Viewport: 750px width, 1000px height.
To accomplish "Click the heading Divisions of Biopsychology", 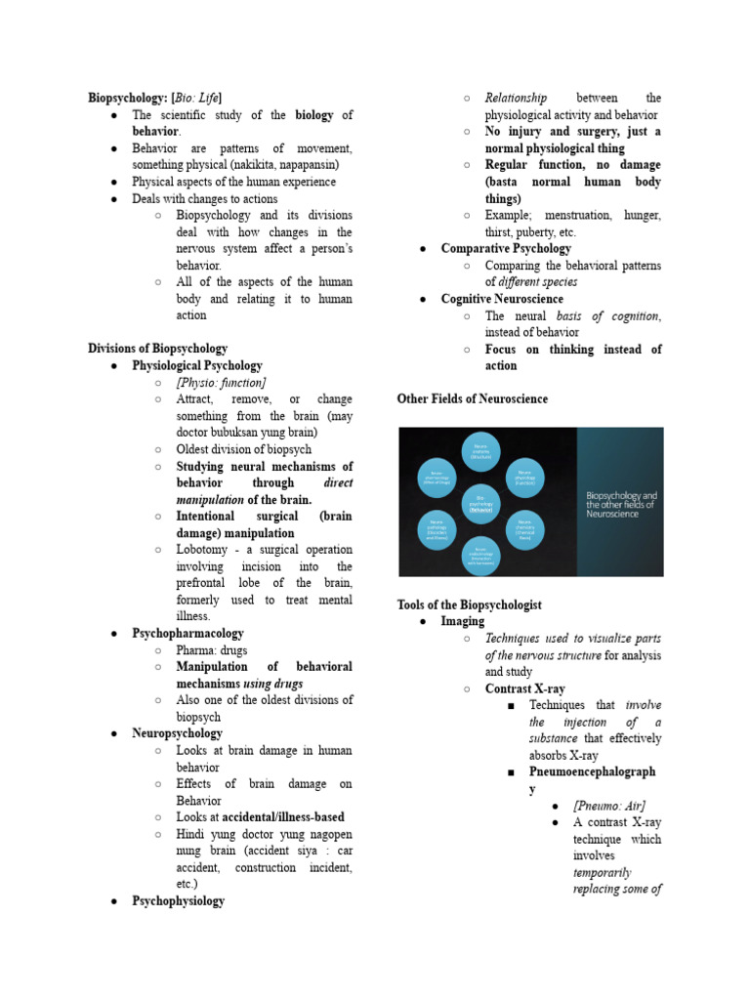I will click(x=157, y=349).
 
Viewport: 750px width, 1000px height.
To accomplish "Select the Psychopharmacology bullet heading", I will click(x=187, y=634).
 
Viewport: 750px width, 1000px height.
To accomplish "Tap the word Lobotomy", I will click(x=204, y=550).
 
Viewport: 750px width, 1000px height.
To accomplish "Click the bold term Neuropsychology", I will click(x=177, y=733).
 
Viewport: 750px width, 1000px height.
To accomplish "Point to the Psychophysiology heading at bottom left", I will click(x=178, y=901).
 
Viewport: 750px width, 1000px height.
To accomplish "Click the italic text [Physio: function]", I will click(x=221, y=383).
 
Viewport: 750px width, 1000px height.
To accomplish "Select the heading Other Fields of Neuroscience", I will click(x=473, y=399).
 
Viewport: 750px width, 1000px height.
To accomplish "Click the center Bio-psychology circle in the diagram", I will click(x=479, y=501).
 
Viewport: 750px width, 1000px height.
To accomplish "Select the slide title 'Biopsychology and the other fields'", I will click(x=621, y=504).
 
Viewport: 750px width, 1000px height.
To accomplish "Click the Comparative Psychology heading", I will click(x=506, y=249).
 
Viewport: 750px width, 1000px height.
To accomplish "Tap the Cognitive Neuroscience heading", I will click(x=502, y=299).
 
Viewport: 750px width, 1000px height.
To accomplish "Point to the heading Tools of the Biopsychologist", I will click(x=469, y=605).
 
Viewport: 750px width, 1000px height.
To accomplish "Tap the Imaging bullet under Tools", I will click(x=462, y=622).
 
